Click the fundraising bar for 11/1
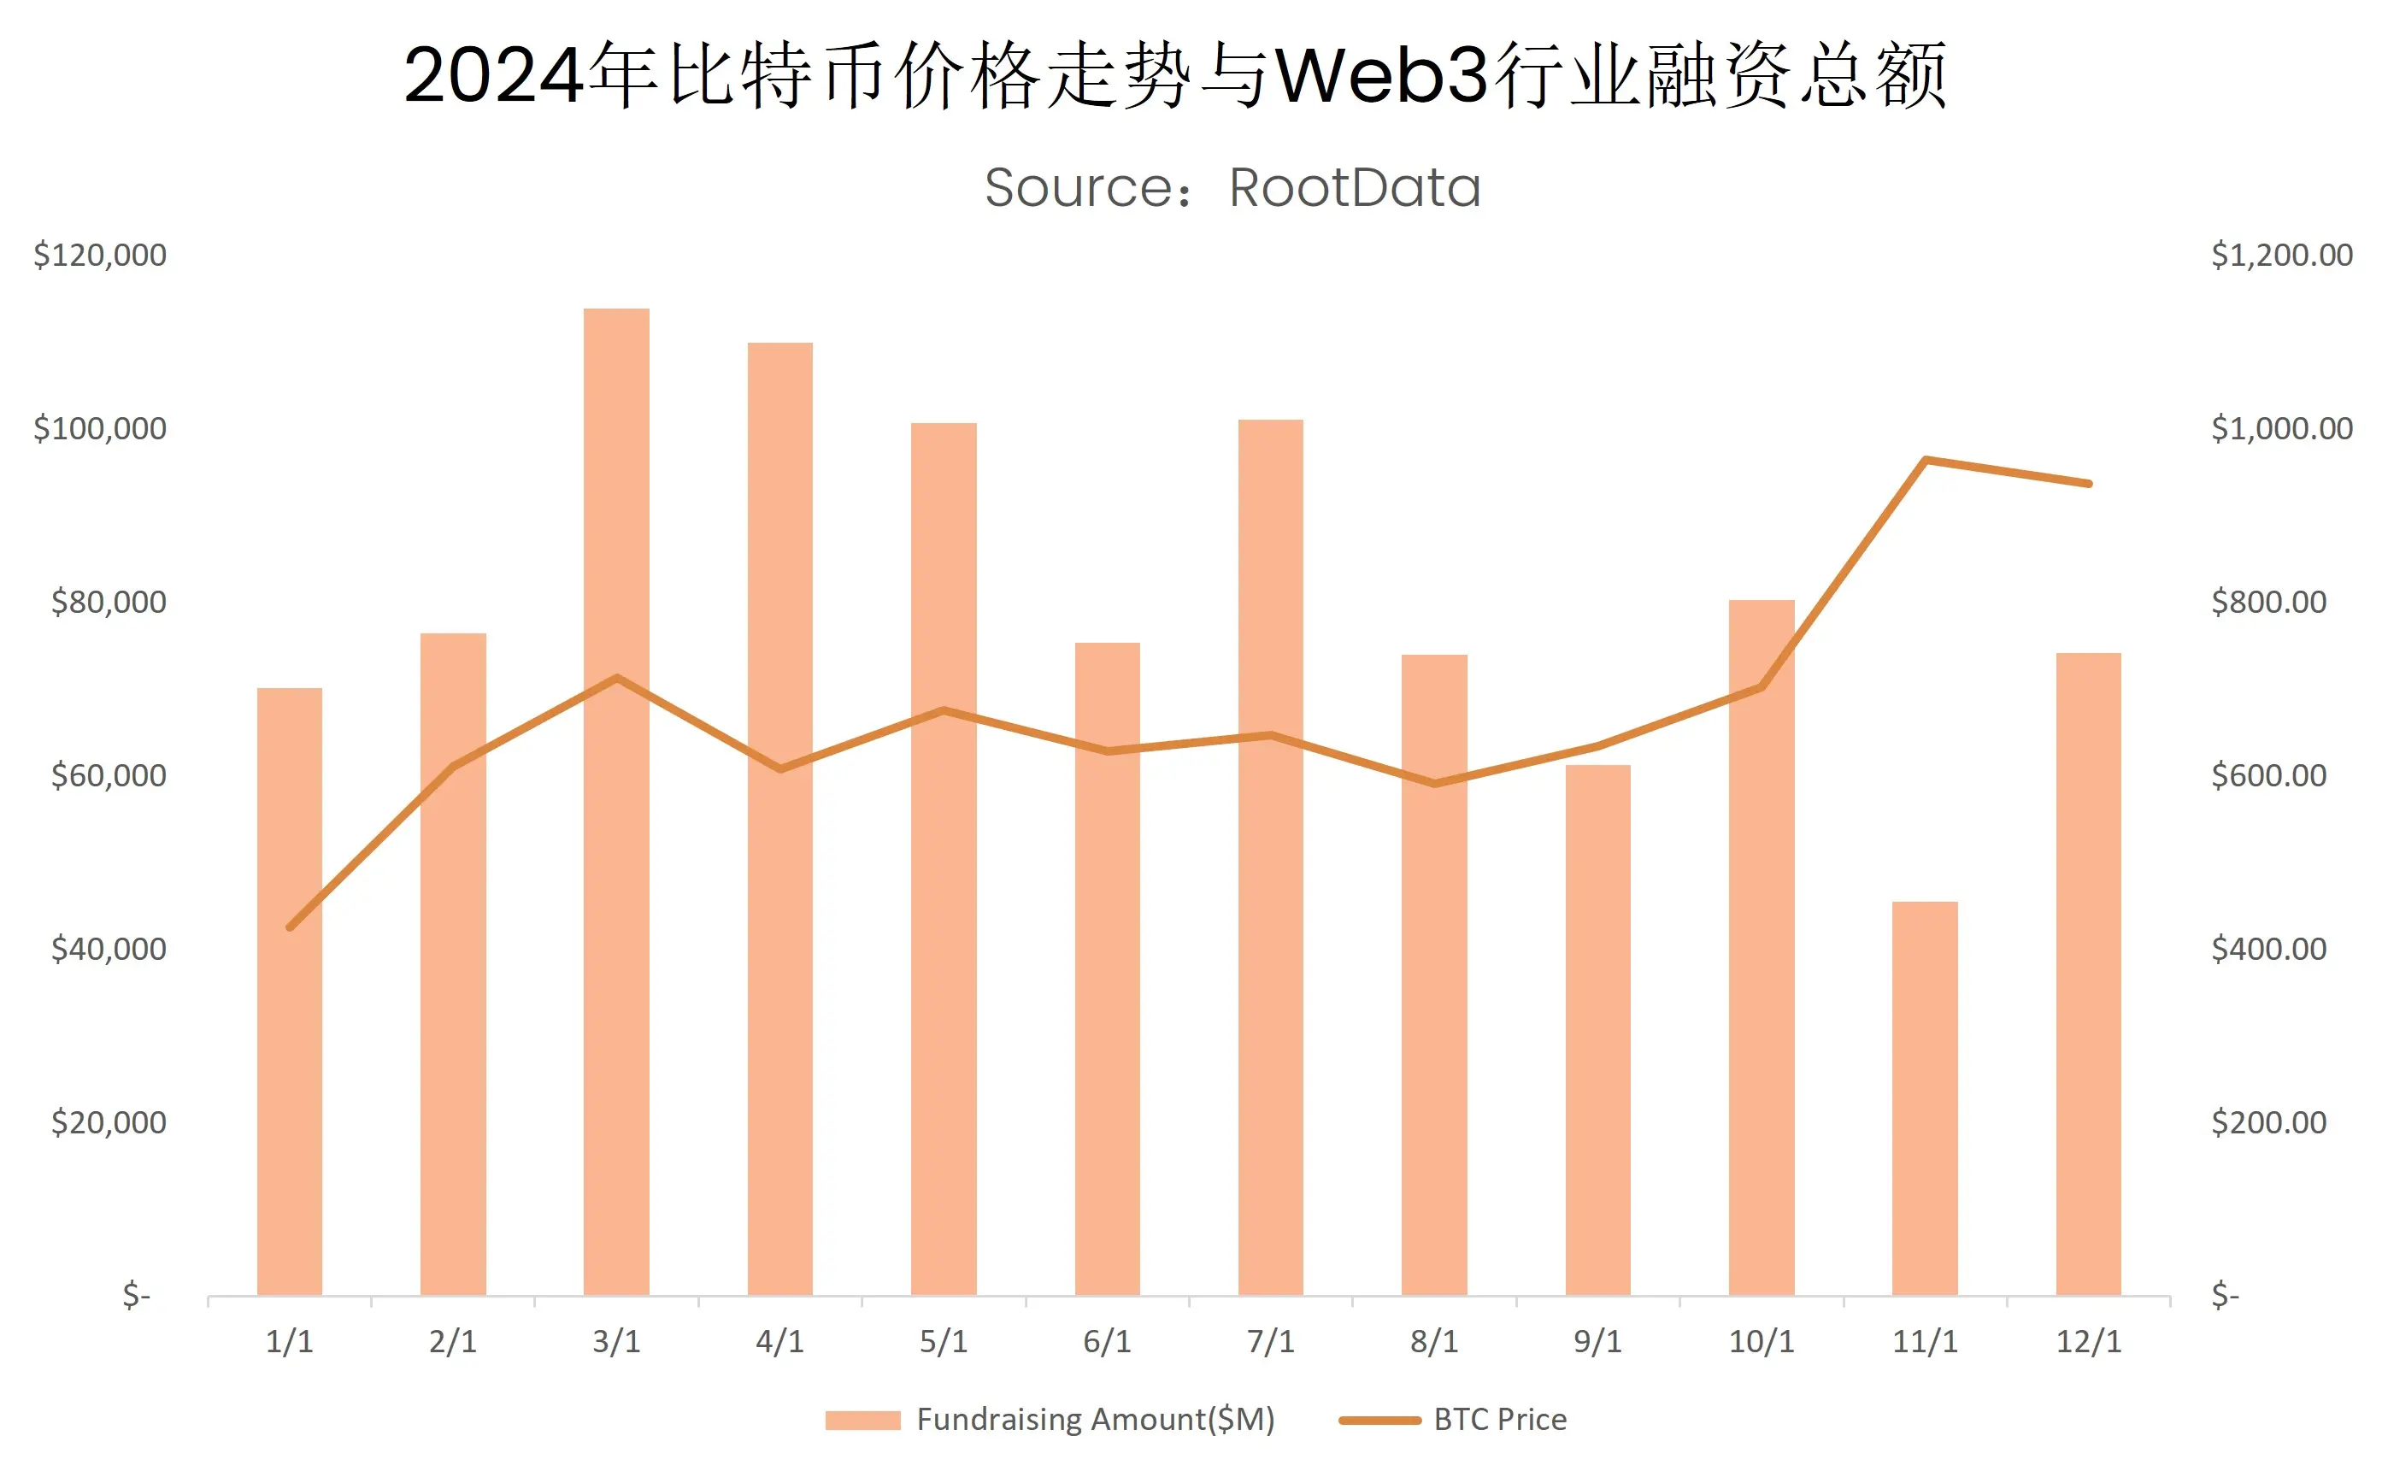pyautogui.click(x=1924, y=1099)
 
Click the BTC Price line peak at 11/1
pyautogui.click(x=1924, y=460)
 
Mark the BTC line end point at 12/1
pyautogui.click(x=2088, y=484)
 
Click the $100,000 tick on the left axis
pyautogui.click(x=100, y=429)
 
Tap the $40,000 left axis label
pyautogui.click(x=109, y=950)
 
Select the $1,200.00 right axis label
pyautogui.click(x=2281, y=256)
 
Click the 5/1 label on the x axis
pyautogui.click(x=944, y=1342)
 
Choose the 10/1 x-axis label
pyautogui.click(x=1761, y=1342)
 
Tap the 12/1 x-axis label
pyautogui.click(x=2088, y=1342)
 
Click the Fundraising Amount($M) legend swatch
pyautogui.click(x=862, y=1421)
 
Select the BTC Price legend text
pyautogui.click(x=1499, y=1421)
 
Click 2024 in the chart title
pyautogui.click(x=493, y=76)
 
